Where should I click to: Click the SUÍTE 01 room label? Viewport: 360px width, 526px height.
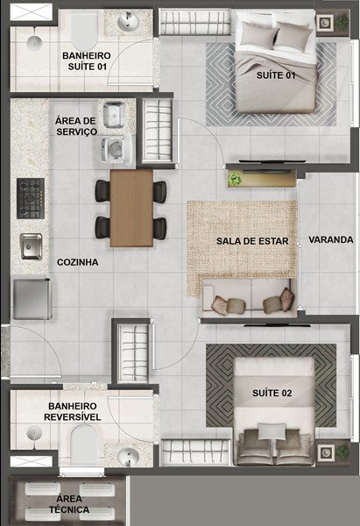(x=274, y=76)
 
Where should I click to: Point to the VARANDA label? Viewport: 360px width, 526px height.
(x=331, y=239)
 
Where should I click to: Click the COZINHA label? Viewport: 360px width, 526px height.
(x=77, y=262)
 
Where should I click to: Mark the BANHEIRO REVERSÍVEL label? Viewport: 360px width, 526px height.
(x=73, y=411)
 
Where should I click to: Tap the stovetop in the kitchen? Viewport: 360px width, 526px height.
(x=31, y=199)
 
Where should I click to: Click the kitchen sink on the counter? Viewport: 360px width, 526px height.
(x=31, y=246)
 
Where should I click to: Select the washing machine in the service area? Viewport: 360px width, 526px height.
(x=114, y=147)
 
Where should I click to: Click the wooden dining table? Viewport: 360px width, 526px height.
(x=131, y=208)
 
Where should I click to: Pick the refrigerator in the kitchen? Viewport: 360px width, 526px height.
(x=32, y=298)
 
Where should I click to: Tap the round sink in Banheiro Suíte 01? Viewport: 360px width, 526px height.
(x=130, y=22)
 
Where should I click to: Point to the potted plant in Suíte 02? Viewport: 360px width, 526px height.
(x=329, y=452)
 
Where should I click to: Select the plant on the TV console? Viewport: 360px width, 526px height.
(x=235, y=179)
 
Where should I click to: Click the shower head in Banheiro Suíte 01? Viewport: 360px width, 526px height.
(x=33, y=39)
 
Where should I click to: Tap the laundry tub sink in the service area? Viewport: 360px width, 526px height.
(x=114, y=114)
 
